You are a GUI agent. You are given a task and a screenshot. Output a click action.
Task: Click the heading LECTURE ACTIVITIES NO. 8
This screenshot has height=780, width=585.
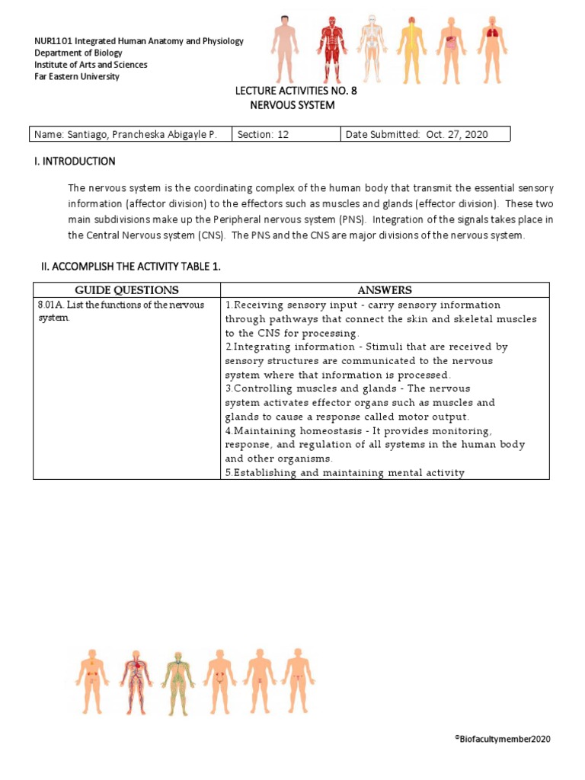[x=296, y=91]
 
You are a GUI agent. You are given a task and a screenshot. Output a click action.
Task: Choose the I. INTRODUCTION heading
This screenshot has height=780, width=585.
[x=81, y=161]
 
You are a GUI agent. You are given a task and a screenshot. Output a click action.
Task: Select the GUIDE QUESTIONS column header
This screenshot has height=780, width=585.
[x=126, y=290]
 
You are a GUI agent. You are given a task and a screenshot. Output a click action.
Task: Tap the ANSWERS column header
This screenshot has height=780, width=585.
[x=385, y=290]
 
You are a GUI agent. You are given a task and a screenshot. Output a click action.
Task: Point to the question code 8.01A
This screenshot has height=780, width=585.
[x=51, y=305]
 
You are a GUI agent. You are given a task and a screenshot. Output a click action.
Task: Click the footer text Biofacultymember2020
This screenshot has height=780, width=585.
[x=504, y=739]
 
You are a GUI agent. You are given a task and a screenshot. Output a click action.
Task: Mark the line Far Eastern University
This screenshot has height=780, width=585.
[x=78, y=77]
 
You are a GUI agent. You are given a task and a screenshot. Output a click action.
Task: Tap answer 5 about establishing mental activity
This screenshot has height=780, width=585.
[x=344, y=473]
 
